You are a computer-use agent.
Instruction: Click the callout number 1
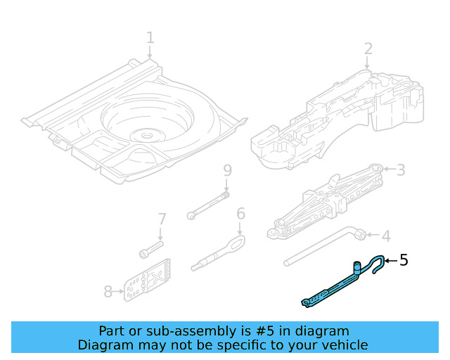[x=150, y=38]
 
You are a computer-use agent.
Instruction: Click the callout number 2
[x=368, y=49]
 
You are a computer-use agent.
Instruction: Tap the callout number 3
[x=401, y=169]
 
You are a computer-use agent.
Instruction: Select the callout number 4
[x=386, y=236]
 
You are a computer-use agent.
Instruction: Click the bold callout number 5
[x=404, y=260]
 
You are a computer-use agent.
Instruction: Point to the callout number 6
[x=240, y=214]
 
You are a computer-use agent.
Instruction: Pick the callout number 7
[x=162, y=219]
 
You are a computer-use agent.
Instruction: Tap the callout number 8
[x=108, y=291]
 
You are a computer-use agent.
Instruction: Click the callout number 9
[x=227, y=171]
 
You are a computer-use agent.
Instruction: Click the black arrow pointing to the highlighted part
[x=391, y=260]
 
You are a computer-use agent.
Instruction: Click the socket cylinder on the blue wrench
[x=356, y=268]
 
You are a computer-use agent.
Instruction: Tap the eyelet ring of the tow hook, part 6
[x=237, y=243]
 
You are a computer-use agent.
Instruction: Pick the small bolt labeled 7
[x=151, y=250]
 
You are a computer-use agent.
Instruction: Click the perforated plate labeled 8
[x=147, y=281]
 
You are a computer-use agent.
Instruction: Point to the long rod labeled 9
[x=208, y=205]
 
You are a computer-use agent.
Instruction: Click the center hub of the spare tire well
[x=148, y=135]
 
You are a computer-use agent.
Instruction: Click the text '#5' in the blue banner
[x=264, y=331]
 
